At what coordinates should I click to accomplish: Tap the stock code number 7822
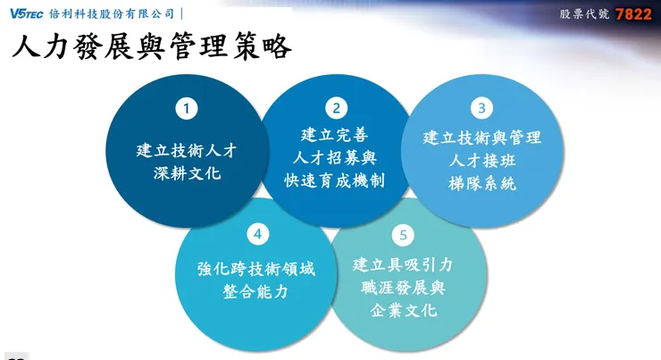point(634,14)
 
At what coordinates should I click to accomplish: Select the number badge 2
point(336,108)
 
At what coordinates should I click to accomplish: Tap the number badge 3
point(481,108)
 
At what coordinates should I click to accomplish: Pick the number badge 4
point(257,234)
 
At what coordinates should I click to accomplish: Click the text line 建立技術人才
point(187,149)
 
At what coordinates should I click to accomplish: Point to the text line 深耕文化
point(187,172)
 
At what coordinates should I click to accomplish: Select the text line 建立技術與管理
point(482,138)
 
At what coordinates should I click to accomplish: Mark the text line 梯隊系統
point(482,184)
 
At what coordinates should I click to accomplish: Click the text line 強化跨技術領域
point(256,269)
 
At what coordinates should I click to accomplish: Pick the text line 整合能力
point(256,292)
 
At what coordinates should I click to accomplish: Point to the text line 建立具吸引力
point(404,264)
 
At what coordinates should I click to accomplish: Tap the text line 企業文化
point(404,311)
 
